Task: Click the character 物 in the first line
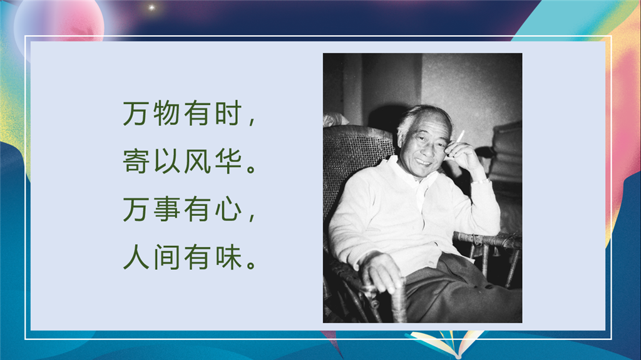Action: tap(167, 113)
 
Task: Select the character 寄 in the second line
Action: tap(136, 161)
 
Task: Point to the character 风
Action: tap(197, 161)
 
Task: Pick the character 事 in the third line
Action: tap(167, 209)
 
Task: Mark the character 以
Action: tap(167, 161)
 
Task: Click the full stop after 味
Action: tap(252, 264)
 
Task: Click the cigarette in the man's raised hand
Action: tap(460, 136)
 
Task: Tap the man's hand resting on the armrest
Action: tap(380, 273)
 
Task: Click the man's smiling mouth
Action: tap(423, 163)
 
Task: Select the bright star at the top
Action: tap(151, 8)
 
